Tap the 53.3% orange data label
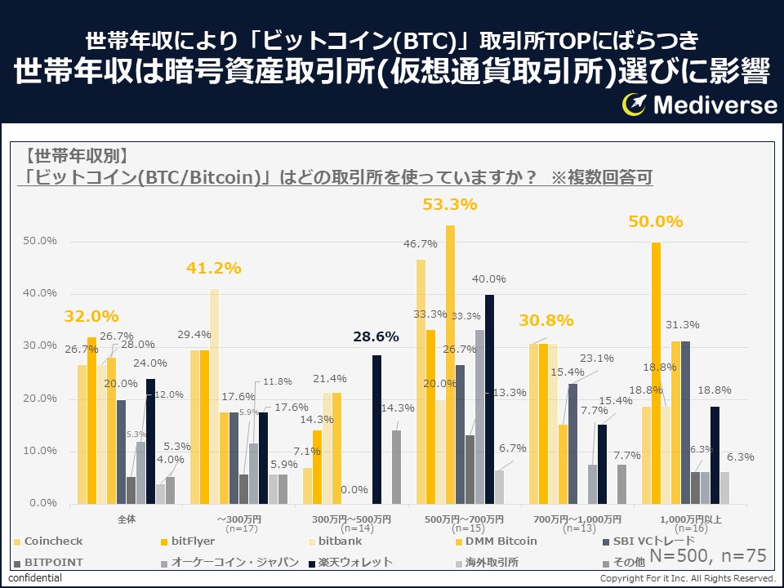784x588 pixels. (x=449, y=205)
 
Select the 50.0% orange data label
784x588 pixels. (x=655, y=222)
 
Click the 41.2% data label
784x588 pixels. (x=214, y=269)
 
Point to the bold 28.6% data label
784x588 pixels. (x=376, y=336)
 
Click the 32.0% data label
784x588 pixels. (x=91, y=316)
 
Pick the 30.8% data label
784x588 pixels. (x=546, y=321)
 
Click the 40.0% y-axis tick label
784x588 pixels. (x=39, y=293)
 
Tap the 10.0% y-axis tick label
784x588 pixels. (x=39, y=451)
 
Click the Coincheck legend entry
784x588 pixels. (x=53, y=541)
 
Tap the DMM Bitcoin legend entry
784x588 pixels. (x=501, y=541)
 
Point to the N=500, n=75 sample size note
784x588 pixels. (x=708, y=556)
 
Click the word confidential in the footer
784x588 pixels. (x=35, y=578)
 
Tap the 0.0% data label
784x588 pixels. (x=353, y=489)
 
